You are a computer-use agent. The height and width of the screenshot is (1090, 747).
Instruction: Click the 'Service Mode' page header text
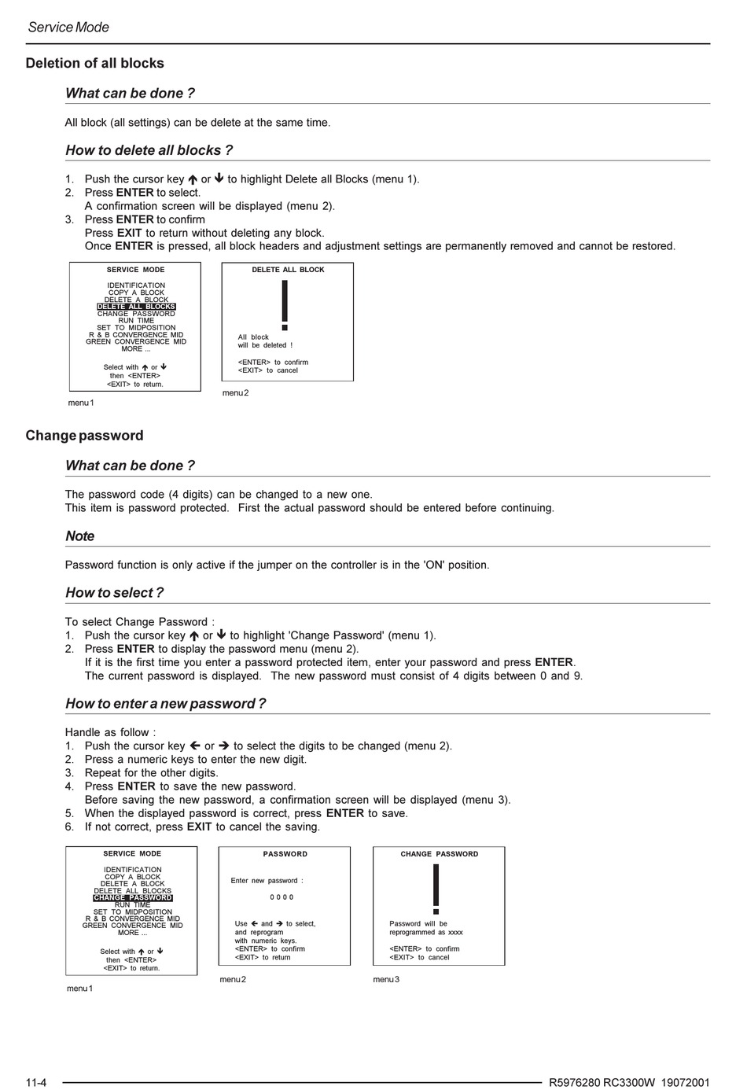(x=68, y=27)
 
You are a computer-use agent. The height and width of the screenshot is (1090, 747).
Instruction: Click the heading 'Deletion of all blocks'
(x=94, y=63)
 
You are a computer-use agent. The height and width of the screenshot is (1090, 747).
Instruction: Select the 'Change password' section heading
(x=84, y=436)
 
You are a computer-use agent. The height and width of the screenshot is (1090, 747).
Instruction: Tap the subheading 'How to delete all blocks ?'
(x=149, y=150)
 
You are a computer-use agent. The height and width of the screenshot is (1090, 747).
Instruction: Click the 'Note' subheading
(x=79, y=536)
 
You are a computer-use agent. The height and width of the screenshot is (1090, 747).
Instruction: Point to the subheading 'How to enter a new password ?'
(x=165, y=704)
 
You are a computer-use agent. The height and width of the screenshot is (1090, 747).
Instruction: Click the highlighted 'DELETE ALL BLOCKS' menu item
(x=136, y=307)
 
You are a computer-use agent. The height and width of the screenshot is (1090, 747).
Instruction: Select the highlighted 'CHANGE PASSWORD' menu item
(x=132, y=898)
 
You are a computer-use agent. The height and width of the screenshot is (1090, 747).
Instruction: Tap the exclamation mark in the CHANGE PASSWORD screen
(x=436, y=889)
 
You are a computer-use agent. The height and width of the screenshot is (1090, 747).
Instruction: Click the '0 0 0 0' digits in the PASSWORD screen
(x=282, y=897)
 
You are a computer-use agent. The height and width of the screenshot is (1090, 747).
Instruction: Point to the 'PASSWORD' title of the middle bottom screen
(x=285, y=854)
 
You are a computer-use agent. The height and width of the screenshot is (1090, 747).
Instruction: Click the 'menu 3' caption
(x=386, y=979)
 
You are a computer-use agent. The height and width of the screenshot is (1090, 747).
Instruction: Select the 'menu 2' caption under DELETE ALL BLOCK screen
(x=235, y=392)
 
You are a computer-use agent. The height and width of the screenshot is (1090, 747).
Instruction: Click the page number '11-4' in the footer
(x=36, y=1082)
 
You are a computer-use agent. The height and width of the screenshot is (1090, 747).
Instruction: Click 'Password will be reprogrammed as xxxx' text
(x=426, y=928)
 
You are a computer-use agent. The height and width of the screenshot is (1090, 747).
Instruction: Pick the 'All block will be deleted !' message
(x=265, y=341)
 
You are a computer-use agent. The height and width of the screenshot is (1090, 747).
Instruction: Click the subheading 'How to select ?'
(x=114, y=593)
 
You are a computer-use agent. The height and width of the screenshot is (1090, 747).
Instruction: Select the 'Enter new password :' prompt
(x=267, y=881)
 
